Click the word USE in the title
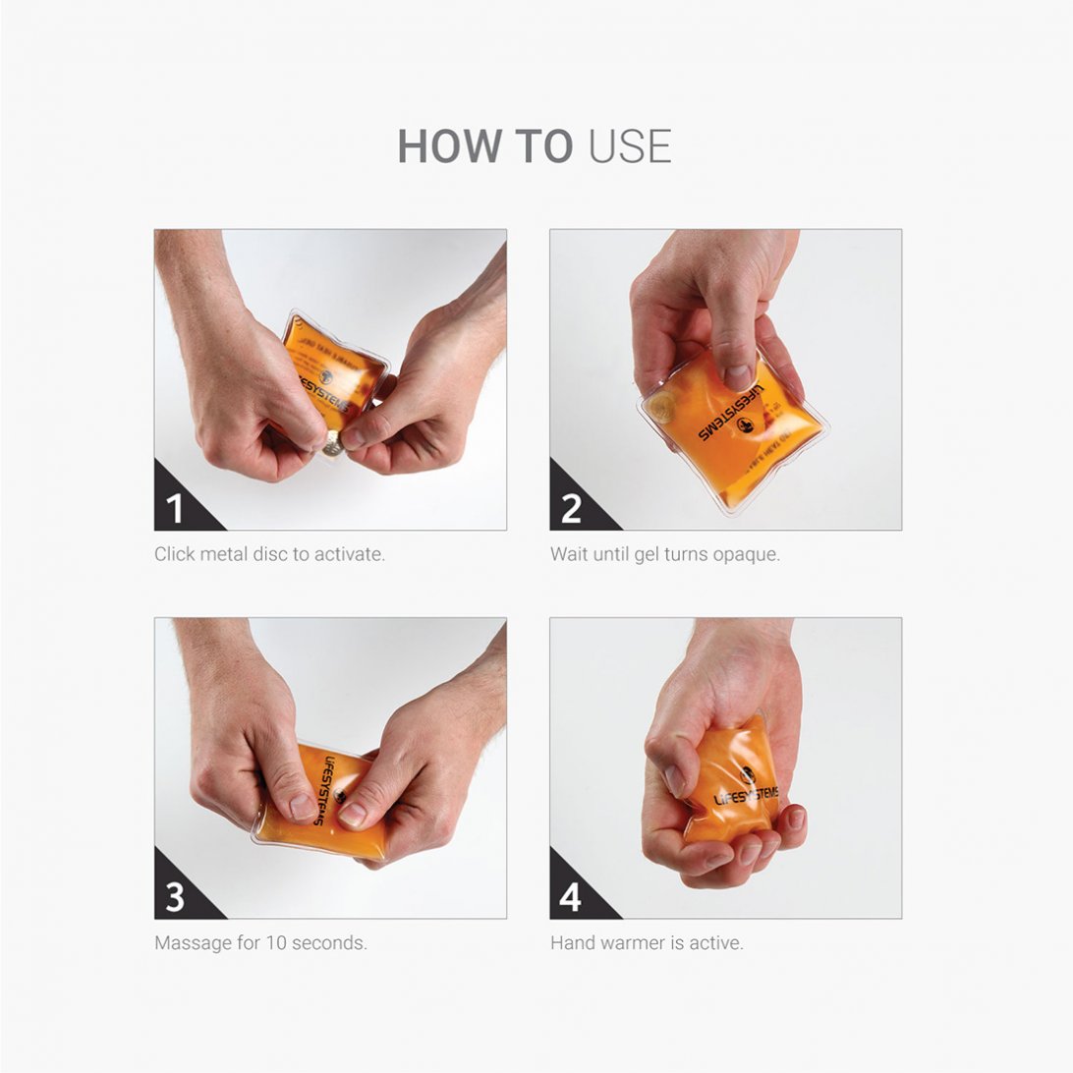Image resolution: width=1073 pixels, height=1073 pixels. (629, 146)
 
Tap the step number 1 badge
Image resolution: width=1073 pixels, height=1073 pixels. (176, 508)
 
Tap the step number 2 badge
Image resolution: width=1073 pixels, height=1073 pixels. (571, 508)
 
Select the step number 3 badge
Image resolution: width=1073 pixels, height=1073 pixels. (176, 896)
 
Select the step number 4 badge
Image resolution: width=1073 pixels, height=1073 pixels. (571, 896)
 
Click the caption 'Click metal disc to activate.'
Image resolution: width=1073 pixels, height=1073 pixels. (269, 554)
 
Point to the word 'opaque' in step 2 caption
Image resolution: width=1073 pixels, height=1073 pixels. (747, 554)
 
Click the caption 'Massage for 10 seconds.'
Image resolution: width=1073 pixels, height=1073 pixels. (260, 943)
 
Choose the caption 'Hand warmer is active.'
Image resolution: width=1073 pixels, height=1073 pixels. (647, 943)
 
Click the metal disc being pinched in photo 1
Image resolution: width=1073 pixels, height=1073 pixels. (334, 444)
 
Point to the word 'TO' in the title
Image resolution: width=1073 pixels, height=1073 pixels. (544, 146)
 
